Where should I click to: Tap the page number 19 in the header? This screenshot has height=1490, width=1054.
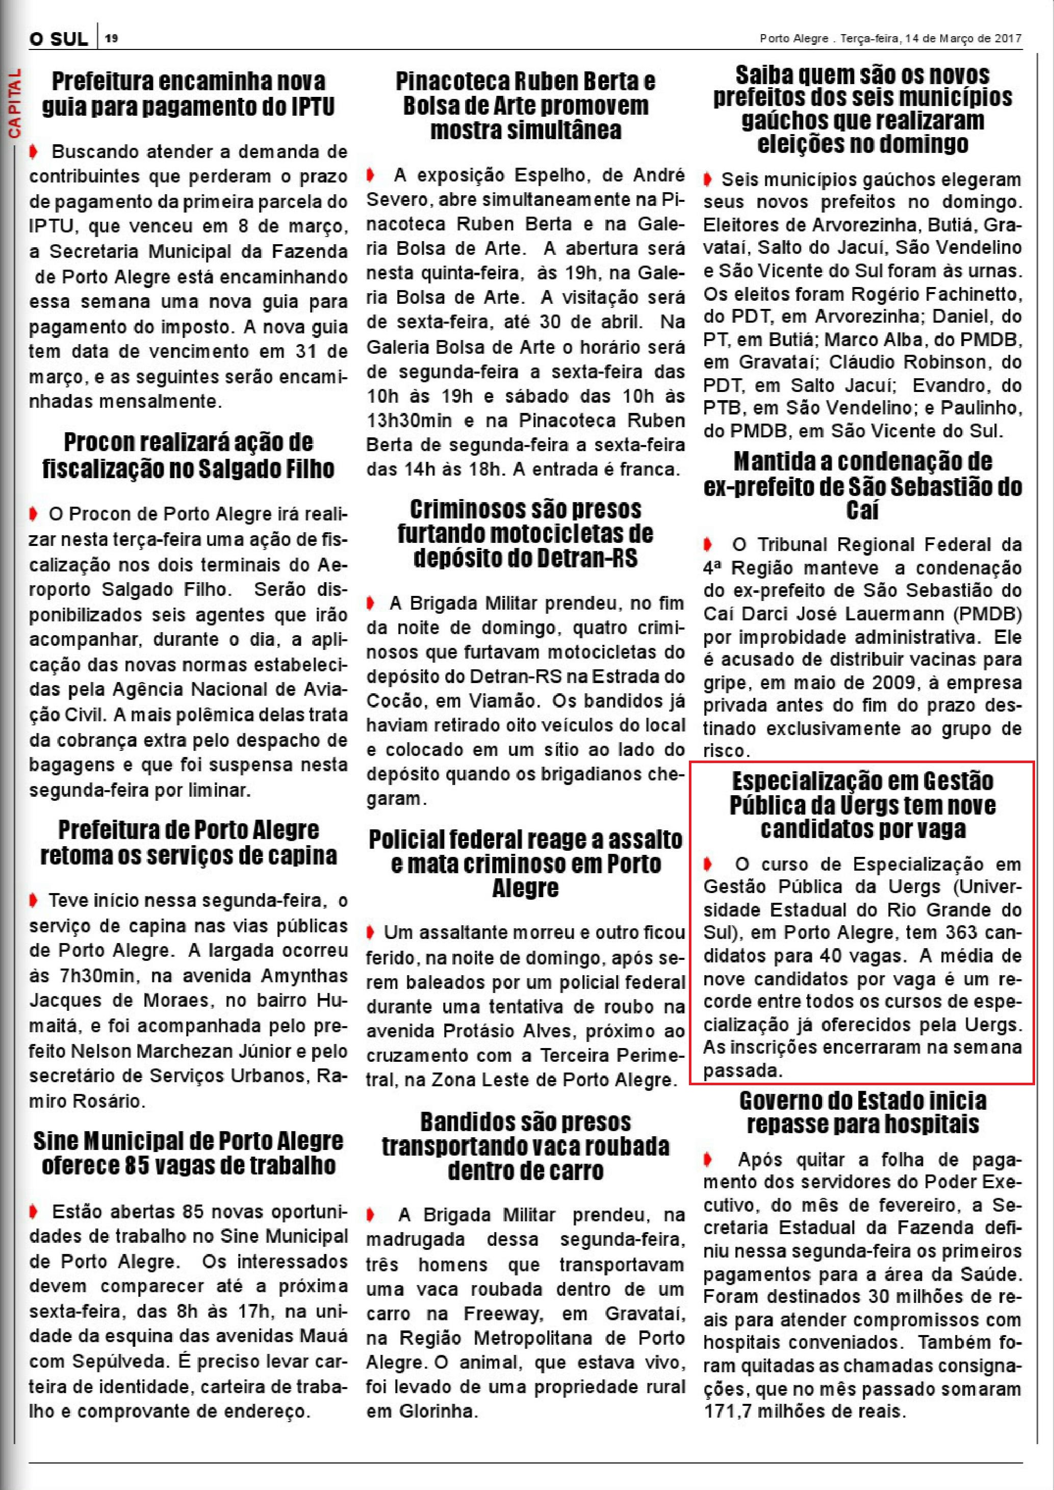(112, 38)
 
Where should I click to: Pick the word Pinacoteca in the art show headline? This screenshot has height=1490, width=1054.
(452, 82)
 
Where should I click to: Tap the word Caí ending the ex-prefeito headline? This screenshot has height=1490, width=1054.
(863, 511)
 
